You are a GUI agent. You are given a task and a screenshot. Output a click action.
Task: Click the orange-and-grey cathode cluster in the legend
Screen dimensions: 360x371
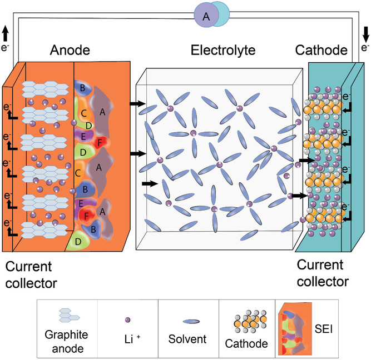tap(248, 319)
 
